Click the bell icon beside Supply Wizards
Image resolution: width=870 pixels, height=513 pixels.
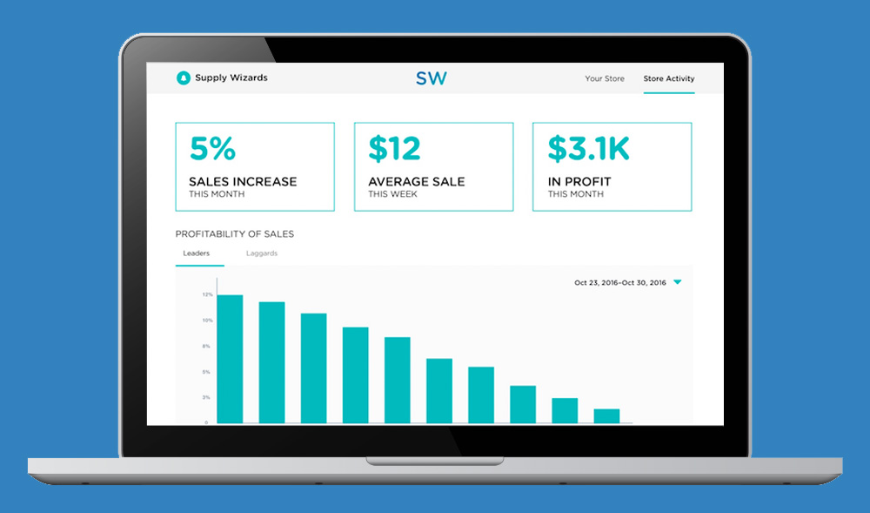point(183,78)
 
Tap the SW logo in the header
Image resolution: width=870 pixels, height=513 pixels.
point(432,78)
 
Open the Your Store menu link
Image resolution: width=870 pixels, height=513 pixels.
point(605,79)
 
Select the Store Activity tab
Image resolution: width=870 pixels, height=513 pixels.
point(668,79)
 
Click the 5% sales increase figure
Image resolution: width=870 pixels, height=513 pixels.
point(213,148)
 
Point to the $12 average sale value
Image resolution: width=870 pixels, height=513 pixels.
point(394,148)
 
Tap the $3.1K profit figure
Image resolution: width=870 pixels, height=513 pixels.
point(589,148)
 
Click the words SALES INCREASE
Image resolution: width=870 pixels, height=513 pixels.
point(243,181)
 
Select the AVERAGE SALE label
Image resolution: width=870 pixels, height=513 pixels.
point(417,181)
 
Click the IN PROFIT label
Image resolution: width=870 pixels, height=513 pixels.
point(579,181)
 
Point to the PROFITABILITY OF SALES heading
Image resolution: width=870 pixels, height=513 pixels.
point(235,234)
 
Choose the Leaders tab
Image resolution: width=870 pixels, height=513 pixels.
point(197,253)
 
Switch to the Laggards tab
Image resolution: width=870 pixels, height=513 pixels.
point(262,253)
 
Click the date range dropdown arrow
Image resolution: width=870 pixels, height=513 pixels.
point(678,282)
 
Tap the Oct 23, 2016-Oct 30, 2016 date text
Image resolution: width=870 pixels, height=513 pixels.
point(620,282)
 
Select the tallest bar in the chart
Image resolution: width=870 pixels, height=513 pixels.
point(230,359)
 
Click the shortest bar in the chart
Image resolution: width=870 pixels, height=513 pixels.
point(606,416)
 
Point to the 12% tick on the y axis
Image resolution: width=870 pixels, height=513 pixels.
point(208,294)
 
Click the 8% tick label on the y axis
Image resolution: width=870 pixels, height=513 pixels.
point(206,347)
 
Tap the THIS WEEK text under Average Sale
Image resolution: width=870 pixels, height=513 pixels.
point(393,194)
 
